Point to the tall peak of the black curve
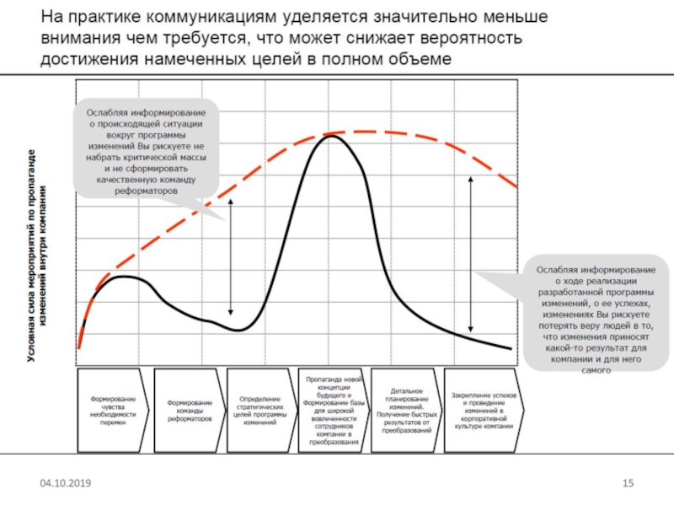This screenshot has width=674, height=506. point(331,137)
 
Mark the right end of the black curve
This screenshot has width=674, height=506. point(511,348)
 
